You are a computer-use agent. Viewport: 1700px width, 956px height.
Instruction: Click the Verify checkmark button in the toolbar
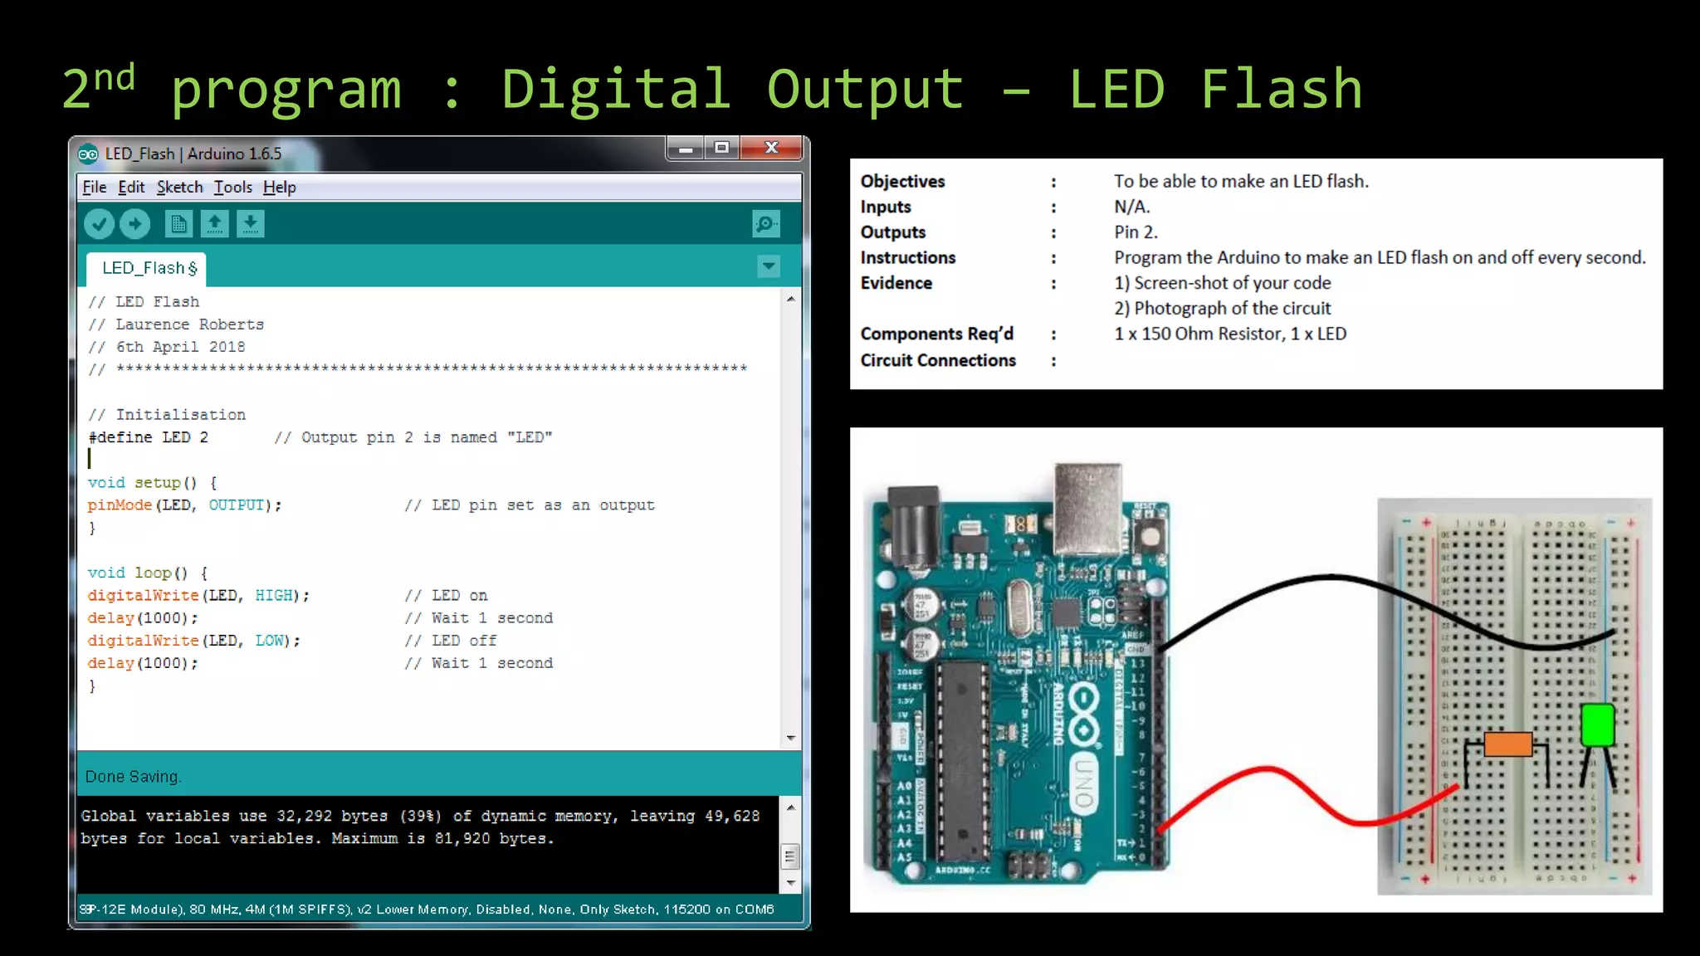[x=99, y=224]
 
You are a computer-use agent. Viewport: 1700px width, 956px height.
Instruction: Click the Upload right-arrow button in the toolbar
[x=134, y=224]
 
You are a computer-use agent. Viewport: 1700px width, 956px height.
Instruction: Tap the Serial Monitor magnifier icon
[x=765, y=224]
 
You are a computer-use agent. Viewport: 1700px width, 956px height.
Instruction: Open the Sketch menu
[x=179, y=188]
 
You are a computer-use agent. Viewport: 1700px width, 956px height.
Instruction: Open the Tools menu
[x=232, y=188]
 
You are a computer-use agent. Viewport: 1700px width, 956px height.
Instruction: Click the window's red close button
[x=771, y=148]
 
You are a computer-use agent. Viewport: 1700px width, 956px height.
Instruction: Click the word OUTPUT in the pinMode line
[x=237, y=505]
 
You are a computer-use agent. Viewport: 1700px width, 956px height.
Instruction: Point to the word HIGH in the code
[x=274, y=596]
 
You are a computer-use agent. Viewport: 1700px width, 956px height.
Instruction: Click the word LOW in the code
[x=270, y=641]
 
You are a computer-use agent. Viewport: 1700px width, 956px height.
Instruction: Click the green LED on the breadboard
[x=1597, y=724]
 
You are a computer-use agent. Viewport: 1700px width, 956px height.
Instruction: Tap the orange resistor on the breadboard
[x=1507, y=744]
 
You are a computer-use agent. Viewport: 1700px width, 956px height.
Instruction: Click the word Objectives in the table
[x=902, y=182]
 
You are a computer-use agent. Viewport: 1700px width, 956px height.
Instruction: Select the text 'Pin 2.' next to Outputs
[x=1136, y=232]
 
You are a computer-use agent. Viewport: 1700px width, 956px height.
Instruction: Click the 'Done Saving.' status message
[x=133, y=777]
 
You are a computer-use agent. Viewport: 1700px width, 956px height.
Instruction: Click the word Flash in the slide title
[x=1281, y=90]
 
